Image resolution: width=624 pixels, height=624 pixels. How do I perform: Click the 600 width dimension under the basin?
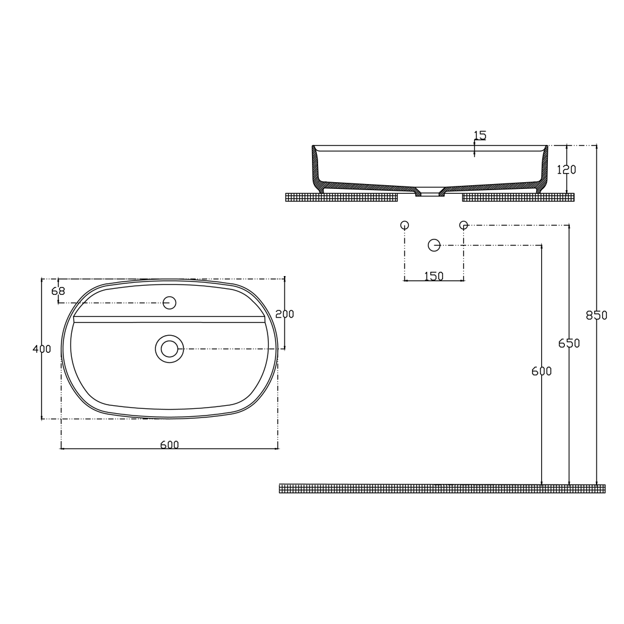tap(169, 445)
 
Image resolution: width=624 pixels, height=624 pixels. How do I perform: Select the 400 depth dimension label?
tap(41, 349)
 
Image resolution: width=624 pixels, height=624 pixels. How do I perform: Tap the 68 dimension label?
tap(58, 291)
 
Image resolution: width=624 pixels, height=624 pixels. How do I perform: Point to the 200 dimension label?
tap(285, 314)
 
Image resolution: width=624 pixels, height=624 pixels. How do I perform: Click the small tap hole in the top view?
tap(170, 302)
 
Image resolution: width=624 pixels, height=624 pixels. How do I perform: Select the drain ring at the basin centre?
tap(169, 349)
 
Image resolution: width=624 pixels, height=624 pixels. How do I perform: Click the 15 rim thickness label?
tap(480, 135)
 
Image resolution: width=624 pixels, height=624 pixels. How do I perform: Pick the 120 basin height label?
tap(567, 170)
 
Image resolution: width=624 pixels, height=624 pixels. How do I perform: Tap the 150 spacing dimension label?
tap(434, 277)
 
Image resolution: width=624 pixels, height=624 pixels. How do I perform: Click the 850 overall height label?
tap(597, 316)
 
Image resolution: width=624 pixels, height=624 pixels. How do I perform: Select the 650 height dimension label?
tap(569, 344)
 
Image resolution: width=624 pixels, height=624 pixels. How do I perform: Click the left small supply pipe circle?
tap(405, 225)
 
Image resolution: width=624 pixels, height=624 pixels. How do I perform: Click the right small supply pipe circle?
tap(464, 225)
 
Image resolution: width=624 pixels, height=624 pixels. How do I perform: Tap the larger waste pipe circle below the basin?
tap(434, 245)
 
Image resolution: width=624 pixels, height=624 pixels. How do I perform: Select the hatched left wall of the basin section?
tap(316, 168)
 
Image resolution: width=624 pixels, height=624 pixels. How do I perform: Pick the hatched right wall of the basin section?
tap(544, 168)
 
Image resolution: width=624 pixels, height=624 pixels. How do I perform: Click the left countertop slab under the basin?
tap(341, 197)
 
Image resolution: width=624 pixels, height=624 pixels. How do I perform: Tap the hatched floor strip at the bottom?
tap(442, 489)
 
